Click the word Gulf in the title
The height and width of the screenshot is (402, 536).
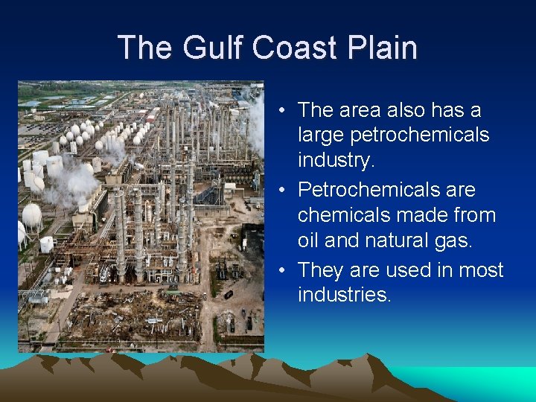(208, 48)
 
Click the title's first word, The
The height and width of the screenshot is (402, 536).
(144, 48)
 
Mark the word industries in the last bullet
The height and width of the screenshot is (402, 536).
(344, 295)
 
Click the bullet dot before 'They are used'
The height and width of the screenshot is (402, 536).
(285, 269)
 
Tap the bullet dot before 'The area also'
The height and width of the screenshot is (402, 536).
(285, 111)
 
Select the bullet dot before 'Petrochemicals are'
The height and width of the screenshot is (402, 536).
(285, 191)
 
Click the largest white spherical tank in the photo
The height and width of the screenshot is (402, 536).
(32, 215)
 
